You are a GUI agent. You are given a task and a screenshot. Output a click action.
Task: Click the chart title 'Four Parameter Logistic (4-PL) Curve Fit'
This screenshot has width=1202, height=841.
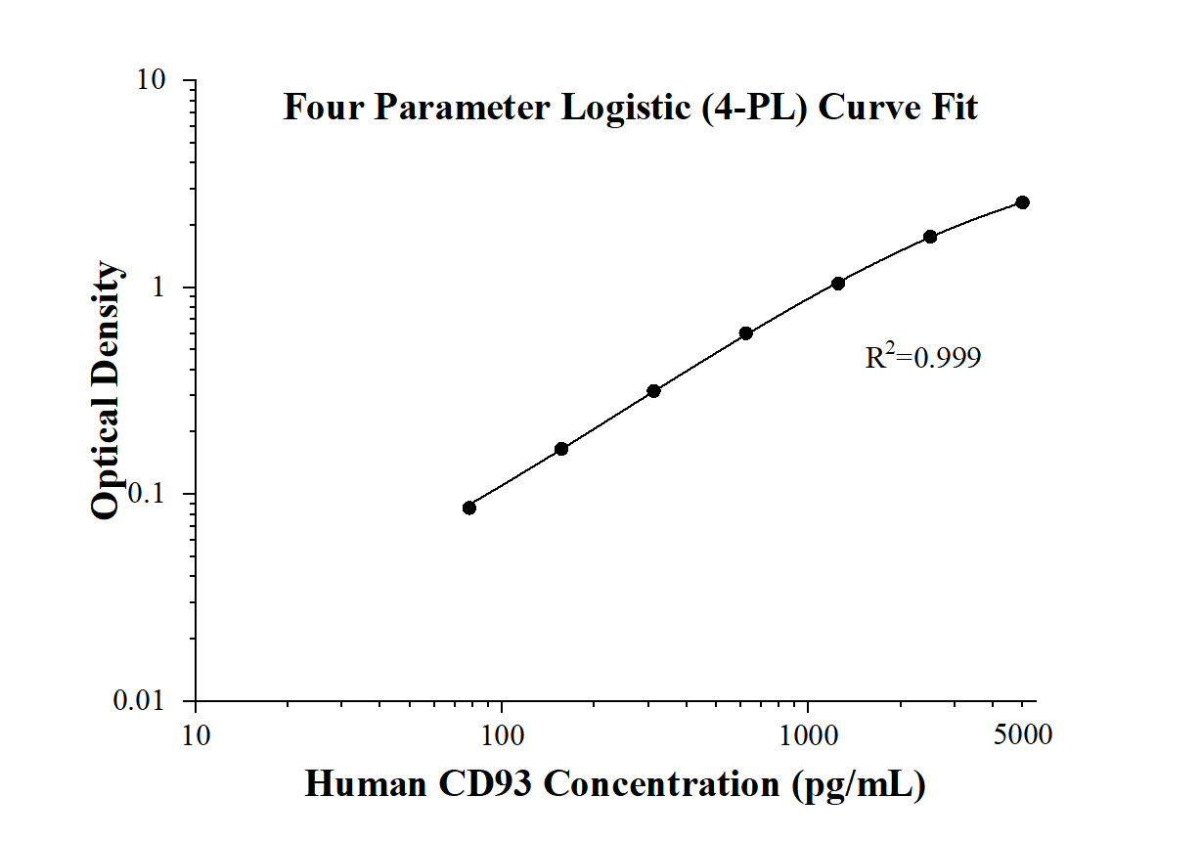pyautogui.click(x=630, y=107)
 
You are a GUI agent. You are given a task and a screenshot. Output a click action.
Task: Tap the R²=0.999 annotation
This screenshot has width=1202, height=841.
pyautogui.click(x=922, y=358)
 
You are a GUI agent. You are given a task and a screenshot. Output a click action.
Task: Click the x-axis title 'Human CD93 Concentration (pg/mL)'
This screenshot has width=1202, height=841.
pyautogui.click(x=615, y=784)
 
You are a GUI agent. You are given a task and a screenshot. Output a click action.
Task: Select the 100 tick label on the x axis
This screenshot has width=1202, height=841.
pyautogui.click(x=502, y=733)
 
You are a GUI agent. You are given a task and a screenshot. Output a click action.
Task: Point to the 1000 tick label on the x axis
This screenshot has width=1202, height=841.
pyautogui.click(x=808, y=733)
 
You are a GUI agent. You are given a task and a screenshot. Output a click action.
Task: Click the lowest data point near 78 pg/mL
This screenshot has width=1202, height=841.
pyautogui.click(x=469, y=508)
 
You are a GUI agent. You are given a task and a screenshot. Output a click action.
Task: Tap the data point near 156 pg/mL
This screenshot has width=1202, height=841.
pyautogui.click(x=561, y=449)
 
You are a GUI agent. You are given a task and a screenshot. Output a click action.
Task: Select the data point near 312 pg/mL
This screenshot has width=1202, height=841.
pyautogui.click(x=653, y=391)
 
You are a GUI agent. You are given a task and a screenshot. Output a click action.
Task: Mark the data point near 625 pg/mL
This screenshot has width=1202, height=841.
pyautogui.click(x=746, y=333)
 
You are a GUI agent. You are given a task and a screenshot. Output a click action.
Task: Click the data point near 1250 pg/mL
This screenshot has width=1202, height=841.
pyautogui.click(x=838, y=284)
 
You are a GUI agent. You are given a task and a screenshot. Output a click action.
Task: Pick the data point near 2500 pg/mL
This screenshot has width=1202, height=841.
pyautogui.click(x=930, y=237)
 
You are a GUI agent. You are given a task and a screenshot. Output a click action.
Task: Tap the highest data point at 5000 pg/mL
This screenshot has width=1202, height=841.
pyautogui.click(x=1022, y=202)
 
